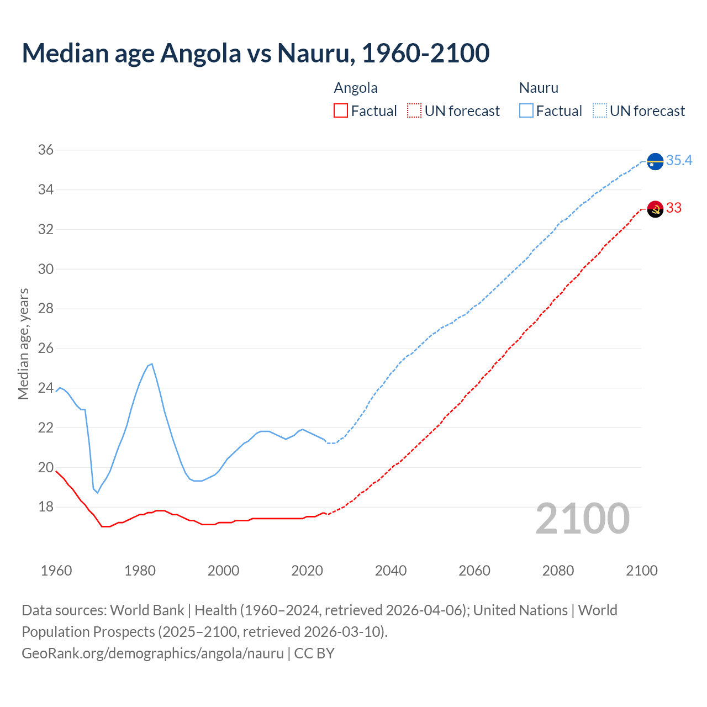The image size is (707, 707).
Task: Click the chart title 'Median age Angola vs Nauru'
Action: pos(255,53)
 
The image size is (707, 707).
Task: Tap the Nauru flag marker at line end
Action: pos(655,161)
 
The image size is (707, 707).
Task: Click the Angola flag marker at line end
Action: pos(655,209)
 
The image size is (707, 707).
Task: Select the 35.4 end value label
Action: pos(679,160)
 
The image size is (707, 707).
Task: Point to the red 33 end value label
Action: pos(674,208)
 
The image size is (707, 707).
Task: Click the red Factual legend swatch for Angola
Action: pos(341,111)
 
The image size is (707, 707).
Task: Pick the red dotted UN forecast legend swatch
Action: pos(414,111)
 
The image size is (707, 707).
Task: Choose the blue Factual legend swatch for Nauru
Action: pos(526,111)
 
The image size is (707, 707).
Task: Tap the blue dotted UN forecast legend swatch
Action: pos(599,111)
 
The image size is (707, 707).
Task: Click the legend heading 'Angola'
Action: pos(356,88)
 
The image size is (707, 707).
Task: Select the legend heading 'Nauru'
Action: pos(539,88)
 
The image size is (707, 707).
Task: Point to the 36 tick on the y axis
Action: pos(46,150)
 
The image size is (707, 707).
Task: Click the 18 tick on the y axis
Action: pos(46,507)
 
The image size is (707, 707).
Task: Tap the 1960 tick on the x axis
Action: pos(56,571)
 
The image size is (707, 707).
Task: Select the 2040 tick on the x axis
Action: pos(391,571)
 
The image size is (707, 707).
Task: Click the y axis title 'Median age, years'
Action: pos(23,344)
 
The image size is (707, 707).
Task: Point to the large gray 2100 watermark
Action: pos(582,519)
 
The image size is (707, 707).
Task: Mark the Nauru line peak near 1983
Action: pos(152,364)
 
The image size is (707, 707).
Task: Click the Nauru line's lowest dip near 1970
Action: pos(98,492)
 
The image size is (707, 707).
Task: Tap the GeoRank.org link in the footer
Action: pos(152,653)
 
